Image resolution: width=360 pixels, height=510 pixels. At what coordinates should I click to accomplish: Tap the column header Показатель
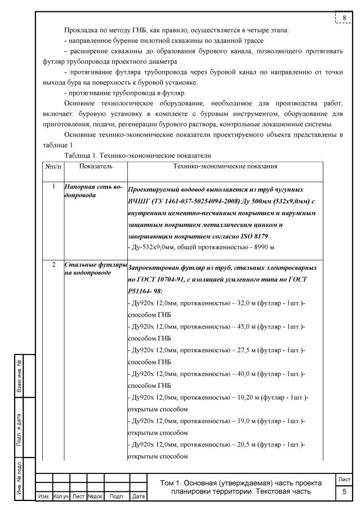(96, 166)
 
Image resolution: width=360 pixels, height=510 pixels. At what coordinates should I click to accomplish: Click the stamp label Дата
(138, 496)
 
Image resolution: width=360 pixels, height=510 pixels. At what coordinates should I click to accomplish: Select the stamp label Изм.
(43, 496)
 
